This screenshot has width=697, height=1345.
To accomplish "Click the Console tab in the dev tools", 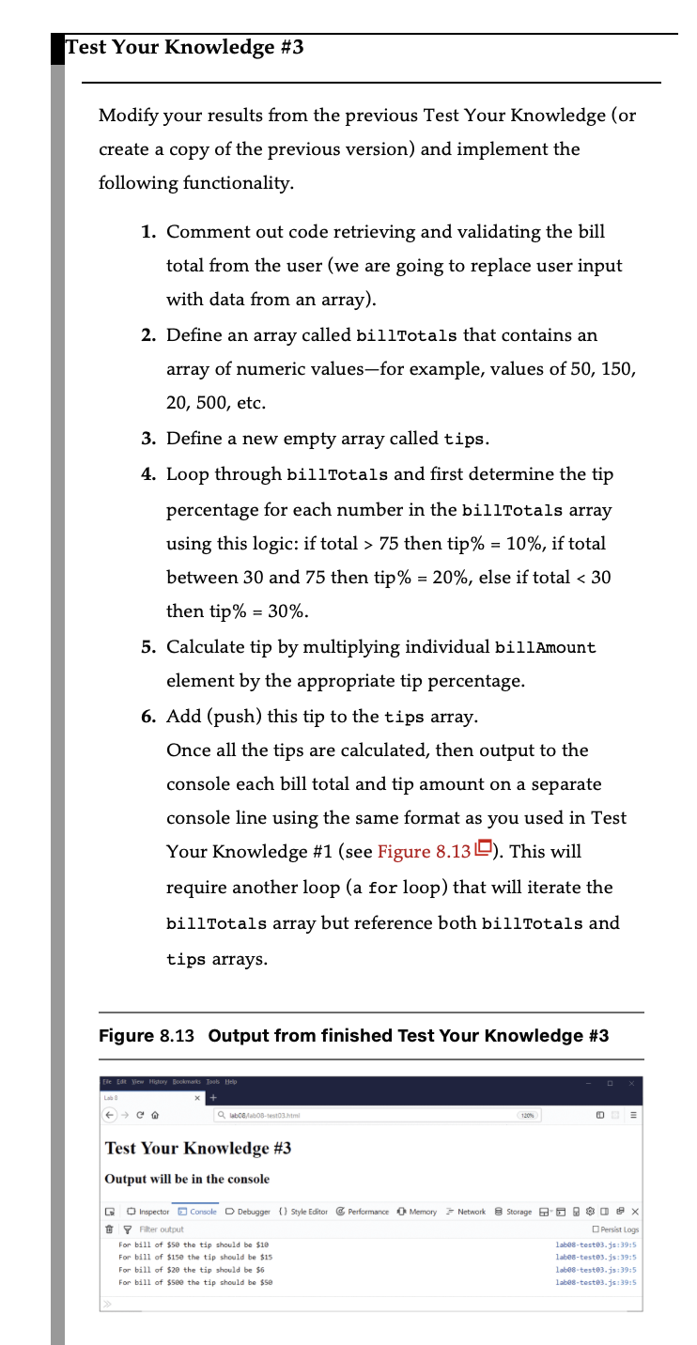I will (x=197, y=1212).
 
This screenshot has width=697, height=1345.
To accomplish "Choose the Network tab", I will (x=467, y=1212).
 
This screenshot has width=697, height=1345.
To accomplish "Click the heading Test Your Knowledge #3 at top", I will (x=184, y=47).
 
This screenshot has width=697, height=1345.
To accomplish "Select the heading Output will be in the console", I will (x=187, y=1179).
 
